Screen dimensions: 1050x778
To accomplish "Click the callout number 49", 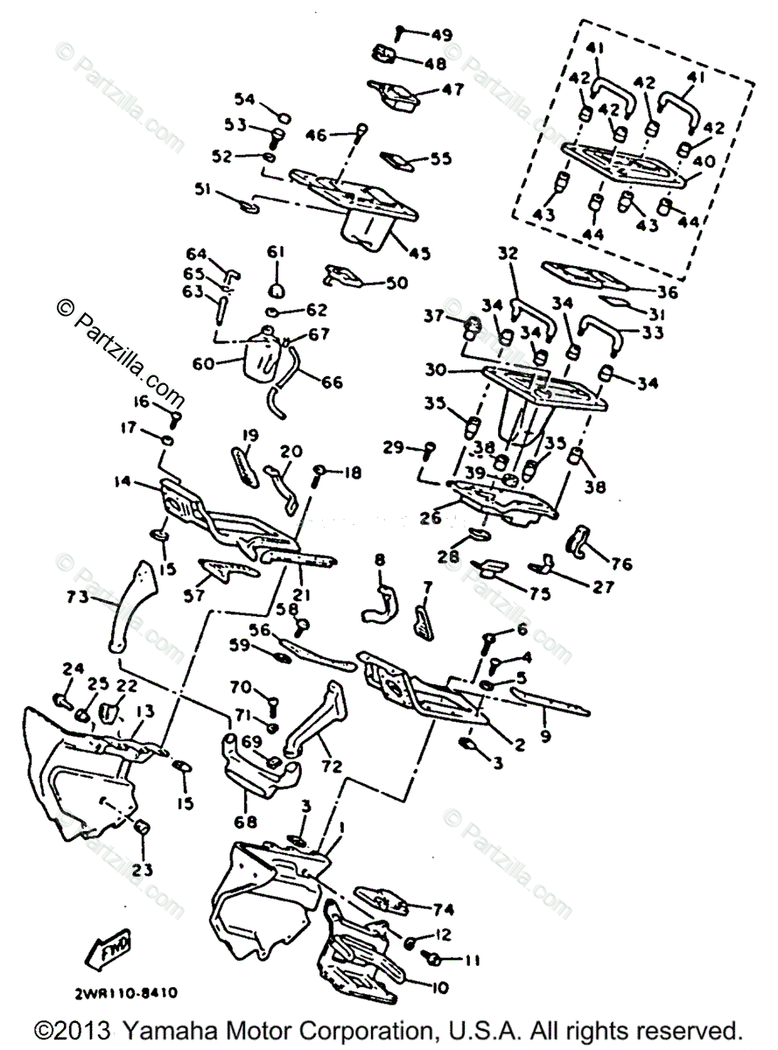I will (440, 34).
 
